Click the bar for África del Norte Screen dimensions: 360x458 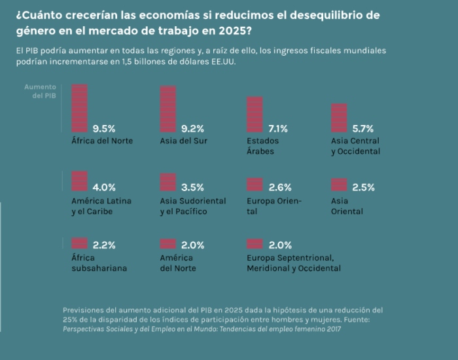(x=79, y=109)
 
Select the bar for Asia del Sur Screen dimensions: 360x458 (x=168, y=109)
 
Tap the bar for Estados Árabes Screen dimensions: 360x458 (x=255, y=115)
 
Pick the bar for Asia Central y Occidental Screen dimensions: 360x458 (x=339, y=118)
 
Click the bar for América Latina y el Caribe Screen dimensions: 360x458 (x=79, y=181)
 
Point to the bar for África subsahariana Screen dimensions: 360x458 (x=79, y=243)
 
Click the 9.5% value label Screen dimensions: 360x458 (x=104, y=128)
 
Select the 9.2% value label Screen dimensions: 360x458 (x=193, y=128)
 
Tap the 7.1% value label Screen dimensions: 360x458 (x=278, y=128)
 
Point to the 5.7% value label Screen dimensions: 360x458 (x=363, y=128)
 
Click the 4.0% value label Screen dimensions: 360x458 (x=104, y=187)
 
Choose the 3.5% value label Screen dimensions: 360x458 (x=193, y=187)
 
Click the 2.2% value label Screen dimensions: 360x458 (x=104, y=245)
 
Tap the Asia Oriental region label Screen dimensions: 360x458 (x=347, y=206)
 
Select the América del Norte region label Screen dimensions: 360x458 (x=178, y=263)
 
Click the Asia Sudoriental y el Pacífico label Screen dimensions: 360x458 (x=192, y=206)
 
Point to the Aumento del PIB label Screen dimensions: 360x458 (x=41, y=91)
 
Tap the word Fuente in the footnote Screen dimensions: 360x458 (x=356, y=319)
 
